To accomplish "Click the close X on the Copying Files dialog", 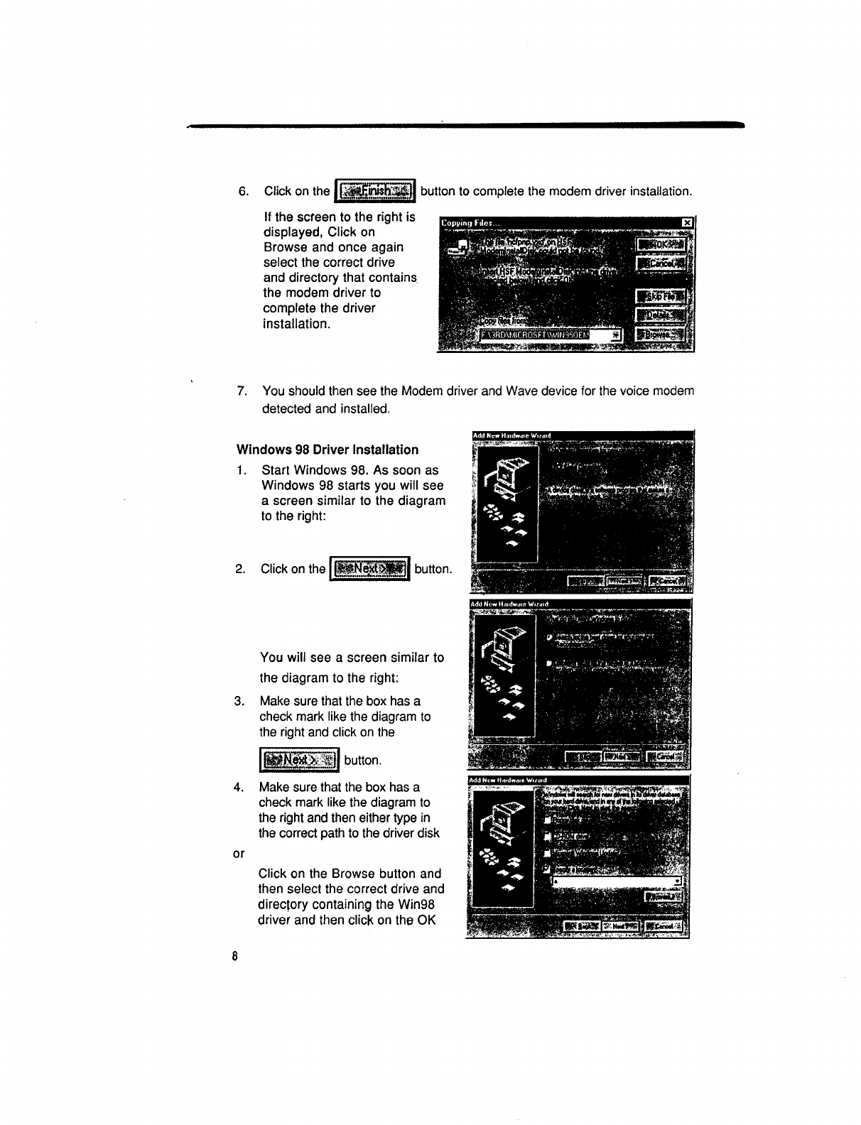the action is click(x=686, y=223).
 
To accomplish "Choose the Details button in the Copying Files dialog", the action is click(x=659, y=315).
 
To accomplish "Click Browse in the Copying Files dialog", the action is click(x=659, y=335).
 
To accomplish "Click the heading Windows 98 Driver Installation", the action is click(x=327, y=450).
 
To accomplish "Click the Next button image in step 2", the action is click(x=371, y=568).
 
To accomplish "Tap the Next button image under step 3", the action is click(x=300, y=760).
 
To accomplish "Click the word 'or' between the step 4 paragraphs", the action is click(x=238, y=853).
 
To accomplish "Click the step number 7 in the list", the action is click(x=243, y=391).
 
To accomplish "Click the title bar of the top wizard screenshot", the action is click(x=580, y=435).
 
